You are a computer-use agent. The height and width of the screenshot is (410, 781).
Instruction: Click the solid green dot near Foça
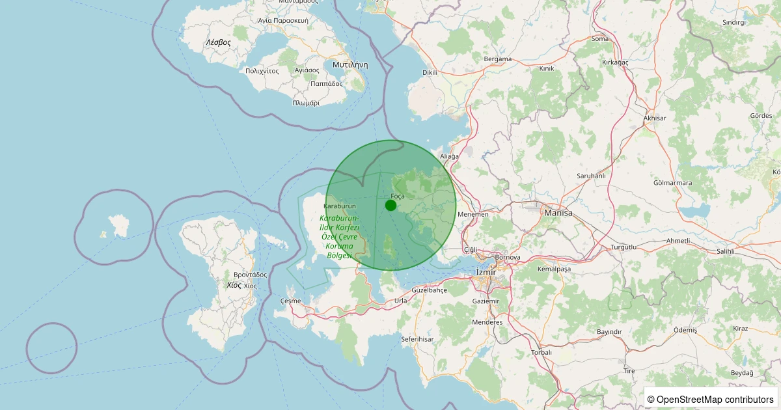(x=390, y=205)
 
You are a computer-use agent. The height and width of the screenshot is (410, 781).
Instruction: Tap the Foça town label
(x=398, y=196)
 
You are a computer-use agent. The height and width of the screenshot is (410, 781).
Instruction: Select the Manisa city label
(x=558, y=213)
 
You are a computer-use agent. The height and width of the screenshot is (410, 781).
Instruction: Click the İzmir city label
(x=486, y=271)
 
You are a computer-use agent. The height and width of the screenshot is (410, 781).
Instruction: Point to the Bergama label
(x=498, y=59)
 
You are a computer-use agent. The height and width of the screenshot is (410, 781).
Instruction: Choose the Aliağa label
(x=450, y=156)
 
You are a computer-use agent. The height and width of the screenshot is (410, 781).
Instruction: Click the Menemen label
(x=473, y=214)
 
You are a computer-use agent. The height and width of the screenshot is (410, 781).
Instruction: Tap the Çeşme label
(x=290, y=301)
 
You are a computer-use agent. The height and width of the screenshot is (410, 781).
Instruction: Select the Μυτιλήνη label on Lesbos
(x=350, y=65)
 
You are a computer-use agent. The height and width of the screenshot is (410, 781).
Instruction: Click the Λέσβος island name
(x=218, y=42)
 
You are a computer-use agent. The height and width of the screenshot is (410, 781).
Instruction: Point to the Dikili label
(x=430, y=72)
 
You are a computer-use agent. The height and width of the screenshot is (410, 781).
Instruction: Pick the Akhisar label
(x=654, y=118)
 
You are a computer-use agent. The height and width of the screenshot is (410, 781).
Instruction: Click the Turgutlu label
(x=626, y=248)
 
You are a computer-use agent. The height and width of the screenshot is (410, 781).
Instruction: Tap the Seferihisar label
(x=417, y=339)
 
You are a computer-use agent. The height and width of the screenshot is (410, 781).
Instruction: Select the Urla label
(x=401, y=301)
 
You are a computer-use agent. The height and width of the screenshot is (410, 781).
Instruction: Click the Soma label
(x=600, y=38)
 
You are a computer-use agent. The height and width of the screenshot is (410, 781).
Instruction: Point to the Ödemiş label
(x=685, y=330)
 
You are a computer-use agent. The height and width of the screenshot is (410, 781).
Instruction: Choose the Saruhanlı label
(x=591, y=176)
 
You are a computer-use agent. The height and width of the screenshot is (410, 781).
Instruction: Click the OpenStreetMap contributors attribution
(x=710, y=399)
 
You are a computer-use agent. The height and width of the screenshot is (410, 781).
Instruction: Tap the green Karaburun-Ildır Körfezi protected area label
(x=339, y=236)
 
